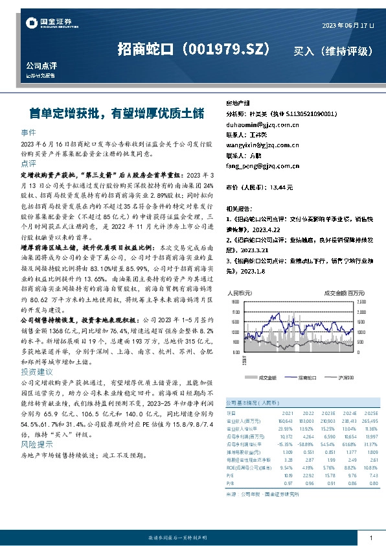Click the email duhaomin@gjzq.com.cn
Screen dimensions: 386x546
(x=256, y=123)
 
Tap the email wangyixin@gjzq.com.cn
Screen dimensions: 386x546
(x=258, y=145)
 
